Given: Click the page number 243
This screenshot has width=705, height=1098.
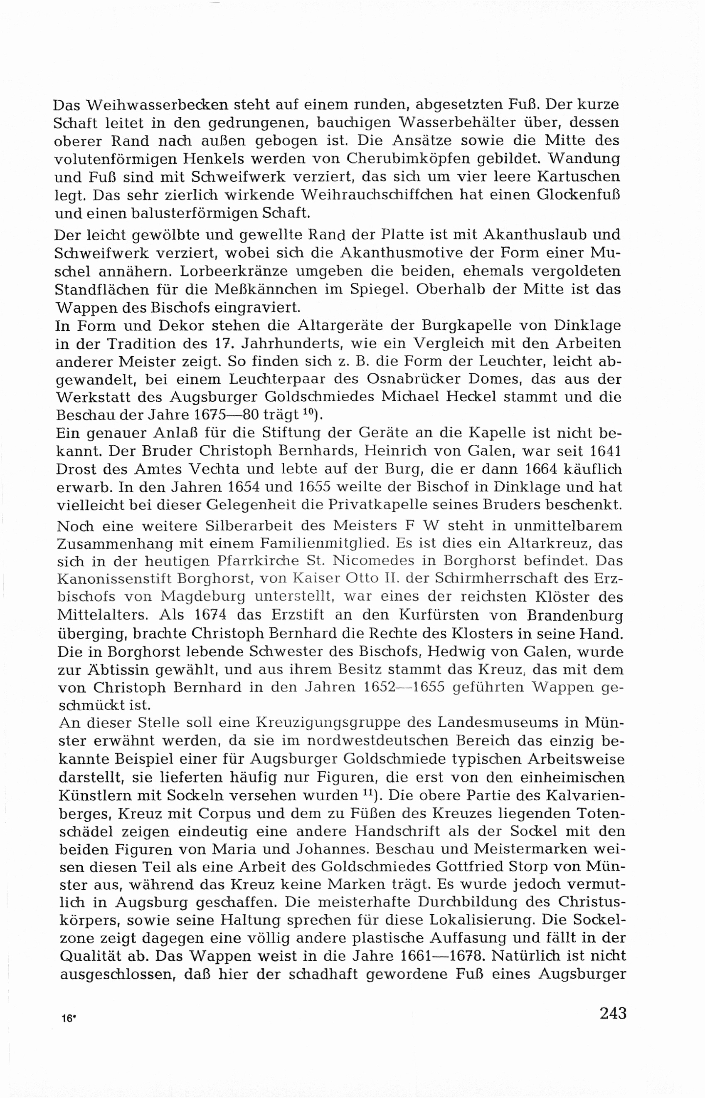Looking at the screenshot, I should pos(613,1013).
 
